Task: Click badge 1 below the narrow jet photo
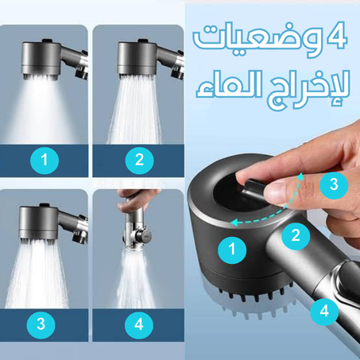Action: tap(45, 161)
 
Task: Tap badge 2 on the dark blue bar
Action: tap(139, 161)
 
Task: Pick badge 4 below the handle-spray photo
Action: tap(139, 324)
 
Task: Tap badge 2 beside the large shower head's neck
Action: tap(296, 235)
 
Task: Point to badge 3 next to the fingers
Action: tap(334, 185)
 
